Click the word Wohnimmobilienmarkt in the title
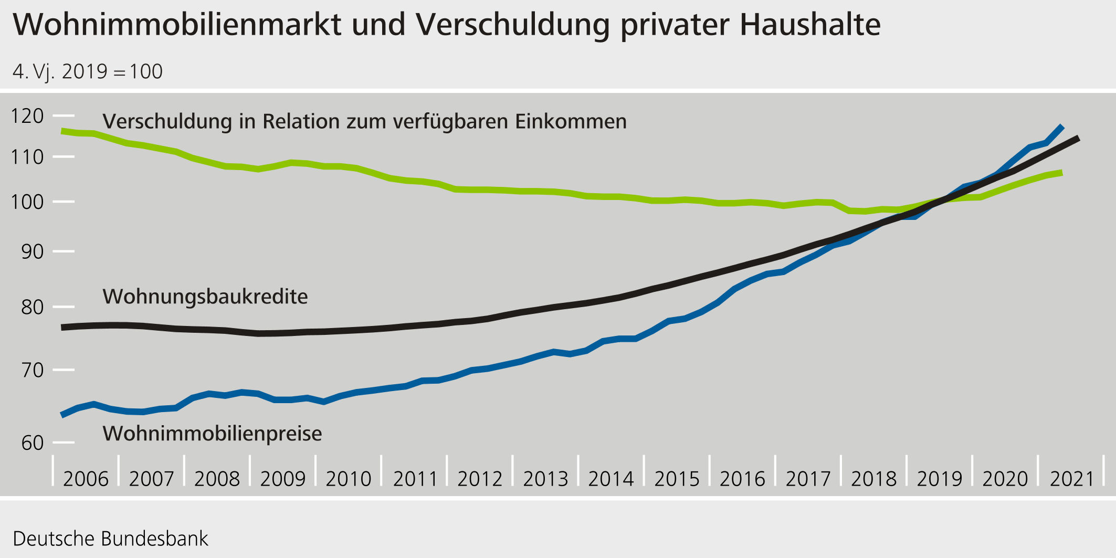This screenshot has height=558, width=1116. (x=177, y=24)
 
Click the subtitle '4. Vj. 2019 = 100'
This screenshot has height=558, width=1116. (x=88, y=71)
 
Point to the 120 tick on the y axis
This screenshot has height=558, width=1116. (x=27, y=116)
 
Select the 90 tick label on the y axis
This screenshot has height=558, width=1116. (x=33, y=251)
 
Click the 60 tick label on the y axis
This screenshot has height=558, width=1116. (x=33, y=443)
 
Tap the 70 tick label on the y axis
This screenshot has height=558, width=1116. (x=33, y=370)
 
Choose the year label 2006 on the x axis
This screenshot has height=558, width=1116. (x=86, y=479)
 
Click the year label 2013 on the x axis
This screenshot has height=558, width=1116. (x=545, y=479)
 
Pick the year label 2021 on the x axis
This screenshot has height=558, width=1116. (x=1071, y=479)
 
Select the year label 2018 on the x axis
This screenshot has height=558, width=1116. (x=874, y=479)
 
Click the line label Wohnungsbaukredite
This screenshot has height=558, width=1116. (x=205, y=297)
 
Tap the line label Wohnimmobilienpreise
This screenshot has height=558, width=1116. (x=212, y=434)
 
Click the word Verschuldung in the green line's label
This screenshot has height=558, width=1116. (x=167, y=121)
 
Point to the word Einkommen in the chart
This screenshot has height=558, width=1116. (x=571, y=121)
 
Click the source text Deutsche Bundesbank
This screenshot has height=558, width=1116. (x=110, y=539)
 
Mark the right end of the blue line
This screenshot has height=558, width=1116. (x=1062, y=127)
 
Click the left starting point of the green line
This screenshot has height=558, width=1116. (x=62, y=131)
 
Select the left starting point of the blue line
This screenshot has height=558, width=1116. (x=62, y=415)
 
